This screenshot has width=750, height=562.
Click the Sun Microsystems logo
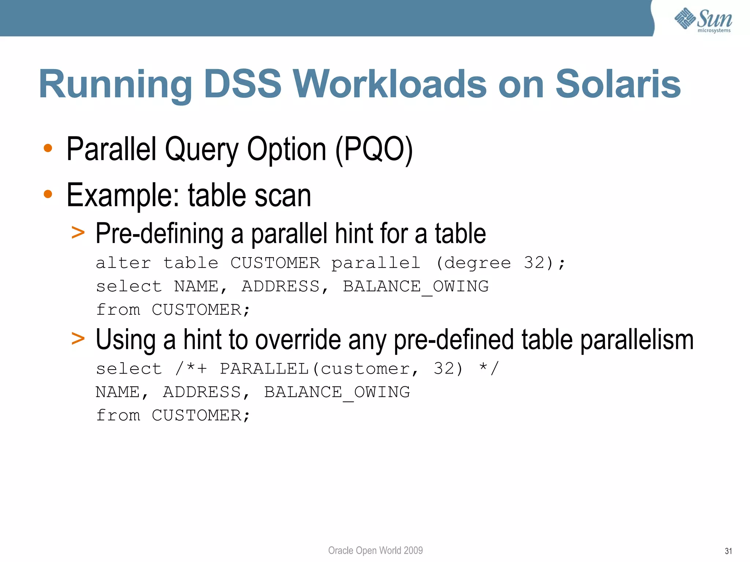click(703, 20)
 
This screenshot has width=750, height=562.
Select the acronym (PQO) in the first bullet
click(374, 150)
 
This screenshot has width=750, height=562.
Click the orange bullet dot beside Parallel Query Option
click(48, 148)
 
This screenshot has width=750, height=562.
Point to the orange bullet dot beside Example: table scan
click(48, 194)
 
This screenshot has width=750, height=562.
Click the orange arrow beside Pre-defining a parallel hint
click(78, 232)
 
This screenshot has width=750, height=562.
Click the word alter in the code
click(123, 263)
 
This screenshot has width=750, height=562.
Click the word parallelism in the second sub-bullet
click(637, 340)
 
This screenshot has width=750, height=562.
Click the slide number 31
click(728, 551)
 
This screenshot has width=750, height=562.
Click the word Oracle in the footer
click(341, 550)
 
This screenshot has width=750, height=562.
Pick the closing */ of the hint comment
click(489, 368)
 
